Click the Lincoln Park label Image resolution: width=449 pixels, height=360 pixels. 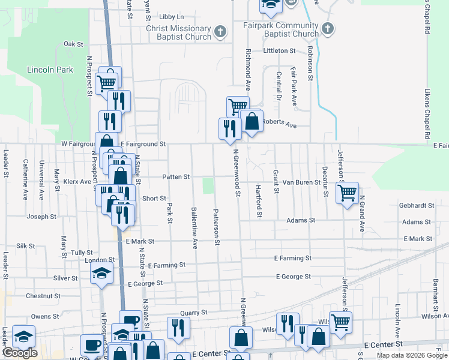(50, 70)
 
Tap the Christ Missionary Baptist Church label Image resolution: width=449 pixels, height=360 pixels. (179, 32)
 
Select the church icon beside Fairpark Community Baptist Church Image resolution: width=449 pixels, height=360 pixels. (328, 28)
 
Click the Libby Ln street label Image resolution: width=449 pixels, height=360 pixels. (172, 17)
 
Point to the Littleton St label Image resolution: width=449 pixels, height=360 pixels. (279, 51)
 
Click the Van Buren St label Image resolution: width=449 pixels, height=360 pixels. (301, 181)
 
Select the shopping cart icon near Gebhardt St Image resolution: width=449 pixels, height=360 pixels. (347, 193)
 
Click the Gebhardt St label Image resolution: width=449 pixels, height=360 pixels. (416, 205)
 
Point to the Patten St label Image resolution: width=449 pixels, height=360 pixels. (176, 177)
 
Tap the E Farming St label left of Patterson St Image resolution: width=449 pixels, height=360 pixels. (167, 265)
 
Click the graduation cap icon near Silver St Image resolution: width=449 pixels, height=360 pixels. (101, 274)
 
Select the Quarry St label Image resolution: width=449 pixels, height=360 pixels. (194, 313)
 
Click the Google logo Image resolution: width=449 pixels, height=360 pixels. (19, 353)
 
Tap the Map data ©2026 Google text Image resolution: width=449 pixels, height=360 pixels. (411, 355)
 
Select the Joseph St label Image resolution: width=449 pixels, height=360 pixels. (41, 217)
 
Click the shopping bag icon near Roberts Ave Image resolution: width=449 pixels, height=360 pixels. (252, 121)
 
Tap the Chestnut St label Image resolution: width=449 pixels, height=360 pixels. (43, 296)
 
